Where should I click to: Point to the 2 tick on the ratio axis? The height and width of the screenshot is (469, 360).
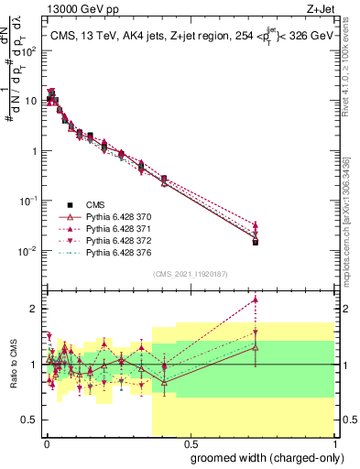point(35,309)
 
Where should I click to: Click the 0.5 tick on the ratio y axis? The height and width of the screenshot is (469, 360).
point(30,420)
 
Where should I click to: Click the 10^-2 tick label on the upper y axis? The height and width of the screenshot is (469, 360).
point(28,251)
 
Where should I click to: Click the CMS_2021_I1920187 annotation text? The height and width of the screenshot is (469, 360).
point(190,275)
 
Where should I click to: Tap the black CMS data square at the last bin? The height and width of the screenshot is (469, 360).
point(256,243)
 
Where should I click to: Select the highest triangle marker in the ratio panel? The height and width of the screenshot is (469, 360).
point(256,300)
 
